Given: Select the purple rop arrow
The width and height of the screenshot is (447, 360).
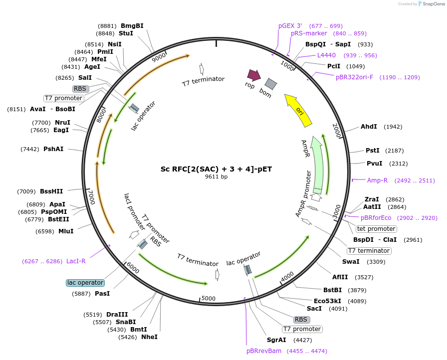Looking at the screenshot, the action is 254,75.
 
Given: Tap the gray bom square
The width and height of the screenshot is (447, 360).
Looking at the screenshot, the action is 270,84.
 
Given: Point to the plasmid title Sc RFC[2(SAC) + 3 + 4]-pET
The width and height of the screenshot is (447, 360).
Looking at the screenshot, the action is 216,169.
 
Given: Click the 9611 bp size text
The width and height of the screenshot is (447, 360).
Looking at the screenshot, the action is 216,177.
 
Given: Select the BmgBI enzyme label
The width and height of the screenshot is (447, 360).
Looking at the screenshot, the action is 132,25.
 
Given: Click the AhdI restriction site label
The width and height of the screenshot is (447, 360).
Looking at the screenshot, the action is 369,127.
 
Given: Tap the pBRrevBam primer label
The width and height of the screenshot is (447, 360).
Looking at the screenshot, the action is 264,351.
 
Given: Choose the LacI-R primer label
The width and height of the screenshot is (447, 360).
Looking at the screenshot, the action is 76,261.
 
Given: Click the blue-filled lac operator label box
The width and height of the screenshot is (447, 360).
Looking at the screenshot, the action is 85,283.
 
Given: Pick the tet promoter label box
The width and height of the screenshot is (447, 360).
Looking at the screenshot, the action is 376,229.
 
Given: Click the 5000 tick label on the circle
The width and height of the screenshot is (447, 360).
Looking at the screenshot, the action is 209,299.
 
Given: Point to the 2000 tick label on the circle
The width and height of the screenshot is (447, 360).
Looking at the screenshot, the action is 337,131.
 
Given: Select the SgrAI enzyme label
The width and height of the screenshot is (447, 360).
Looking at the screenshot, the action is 276,340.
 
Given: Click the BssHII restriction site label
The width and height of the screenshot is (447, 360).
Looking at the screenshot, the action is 51,191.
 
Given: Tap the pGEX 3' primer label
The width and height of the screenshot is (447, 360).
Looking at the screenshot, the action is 290,26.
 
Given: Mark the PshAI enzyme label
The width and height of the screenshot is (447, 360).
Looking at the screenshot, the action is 53,149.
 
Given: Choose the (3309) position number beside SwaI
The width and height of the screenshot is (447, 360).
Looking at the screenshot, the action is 376,262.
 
